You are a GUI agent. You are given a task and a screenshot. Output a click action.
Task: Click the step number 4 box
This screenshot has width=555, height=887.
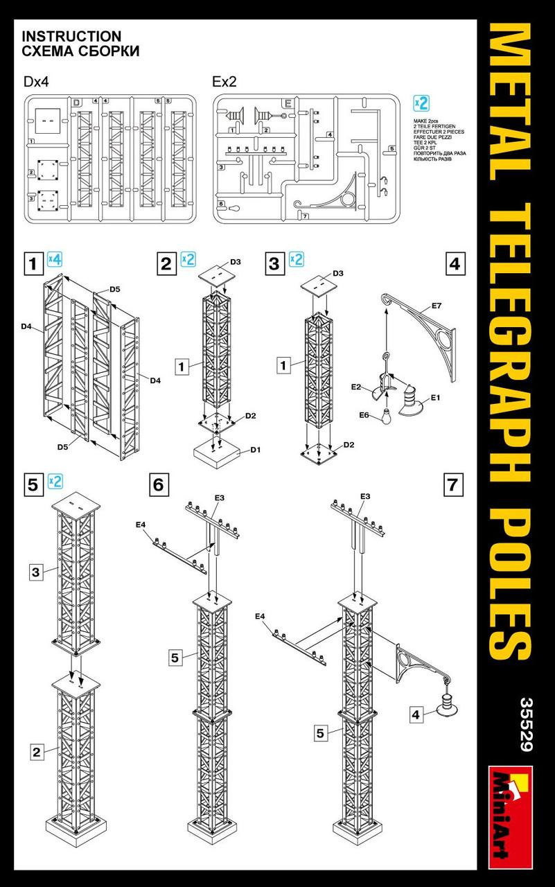click(x=455, y=263)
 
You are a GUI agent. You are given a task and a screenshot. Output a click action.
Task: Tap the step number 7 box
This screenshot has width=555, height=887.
click(x=453, y=485)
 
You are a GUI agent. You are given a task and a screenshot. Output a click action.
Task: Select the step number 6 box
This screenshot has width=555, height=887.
click(x=158, y=484)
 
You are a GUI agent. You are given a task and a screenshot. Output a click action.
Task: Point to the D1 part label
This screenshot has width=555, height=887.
click(x=255, y=450)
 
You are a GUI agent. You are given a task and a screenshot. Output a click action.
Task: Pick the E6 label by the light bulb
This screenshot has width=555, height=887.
click(x=364, y=415)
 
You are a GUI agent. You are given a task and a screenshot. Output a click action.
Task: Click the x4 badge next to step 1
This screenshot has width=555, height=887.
click(x=55, y=261)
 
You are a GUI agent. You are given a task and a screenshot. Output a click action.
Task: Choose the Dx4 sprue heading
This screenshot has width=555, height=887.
click(x=37, y=82)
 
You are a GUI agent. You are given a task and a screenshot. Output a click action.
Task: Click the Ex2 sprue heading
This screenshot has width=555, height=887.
click(x=224, y=82)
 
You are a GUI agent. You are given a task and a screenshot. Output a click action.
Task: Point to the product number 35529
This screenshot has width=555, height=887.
click(x=524, y=724)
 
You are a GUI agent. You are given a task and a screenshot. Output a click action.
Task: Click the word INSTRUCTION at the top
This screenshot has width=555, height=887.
click(x=71, y=36)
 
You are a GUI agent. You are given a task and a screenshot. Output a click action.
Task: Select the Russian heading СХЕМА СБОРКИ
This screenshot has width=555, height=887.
click(x=80, y=51)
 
